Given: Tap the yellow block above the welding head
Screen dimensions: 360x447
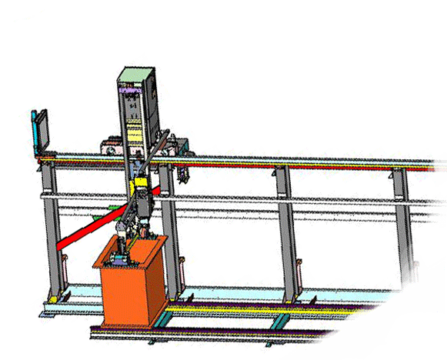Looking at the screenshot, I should (x=141, y=187).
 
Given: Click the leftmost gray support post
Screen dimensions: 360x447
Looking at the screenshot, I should (x=52, y=231).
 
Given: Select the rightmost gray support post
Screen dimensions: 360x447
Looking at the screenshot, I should (x=402, y=215).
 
